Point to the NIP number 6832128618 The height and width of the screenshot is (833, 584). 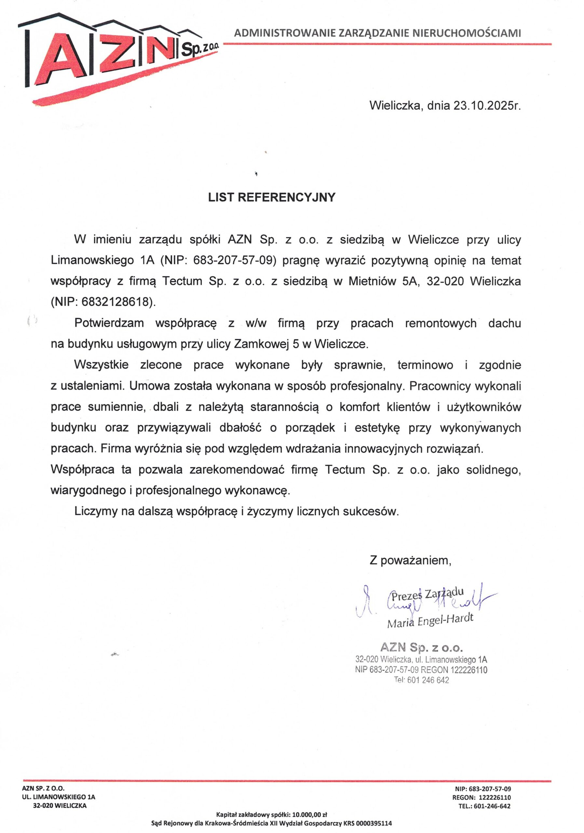(x=116, y=302)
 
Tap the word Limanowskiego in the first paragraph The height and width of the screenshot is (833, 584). (x=92, y=261)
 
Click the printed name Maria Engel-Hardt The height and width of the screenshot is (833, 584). (x=430, y=621)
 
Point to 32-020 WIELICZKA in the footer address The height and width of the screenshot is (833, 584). (x=60, y=806)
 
